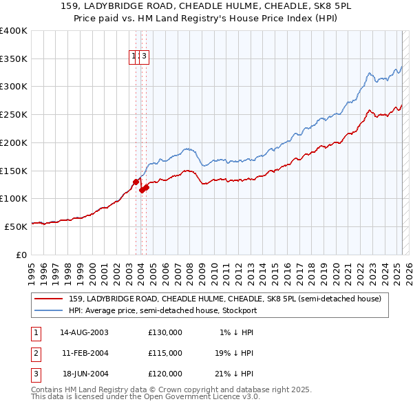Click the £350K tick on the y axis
[x=14, y=59]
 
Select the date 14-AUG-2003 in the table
[x=85, y=332]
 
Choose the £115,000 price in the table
[x=165, y=353]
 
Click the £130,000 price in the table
[x=165, y=332]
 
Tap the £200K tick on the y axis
[x=14, y=143]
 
